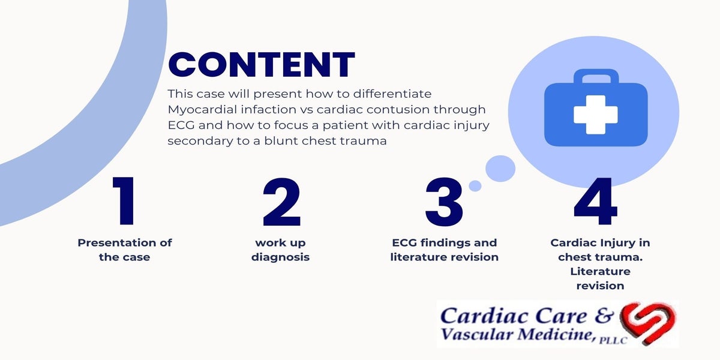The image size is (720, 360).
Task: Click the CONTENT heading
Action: pos(262,65)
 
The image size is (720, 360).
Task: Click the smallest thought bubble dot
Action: pos(475,186)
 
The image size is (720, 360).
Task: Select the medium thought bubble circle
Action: pos(500,169)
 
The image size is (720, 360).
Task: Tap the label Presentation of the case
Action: pos(124,250)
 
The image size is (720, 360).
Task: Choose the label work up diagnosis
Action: pos(281,250)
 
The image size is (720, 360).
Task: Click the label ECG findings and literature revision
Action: pos(444,250)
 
